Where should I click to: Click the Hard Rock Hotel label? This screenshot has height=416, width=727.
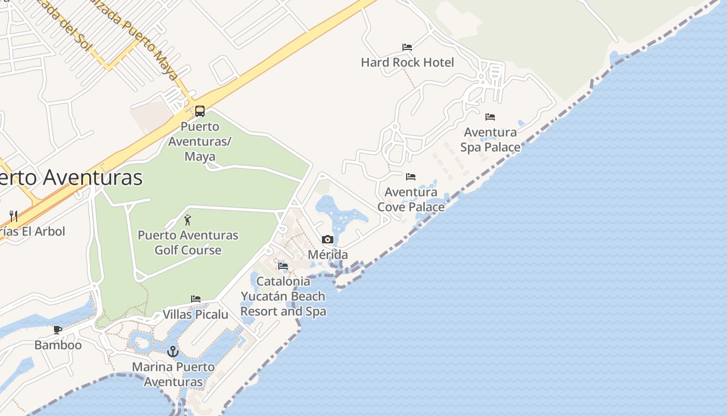pos(407,62)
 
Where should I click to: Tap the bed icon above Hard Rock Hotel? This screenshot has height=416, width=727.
pos(407,47)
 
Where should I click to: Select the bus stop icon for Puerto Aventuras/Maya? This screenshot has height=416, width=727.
pos(200,111)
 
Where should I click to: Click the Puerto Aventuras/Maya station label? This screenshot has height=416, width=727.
pos(200,141)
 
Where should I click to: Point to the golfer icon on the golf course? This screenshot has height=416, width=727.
pos(187,220)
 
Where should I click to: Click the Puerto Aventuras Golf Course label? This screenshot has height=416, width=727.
pos(188,242)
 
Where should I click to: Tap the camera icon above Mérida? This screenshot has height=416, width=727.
pos(327,239)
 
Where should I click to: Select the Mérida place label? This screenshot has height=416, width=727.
pos(327,255)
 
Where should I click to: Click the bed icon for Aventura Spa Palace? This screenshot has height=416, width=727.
pos(490,117)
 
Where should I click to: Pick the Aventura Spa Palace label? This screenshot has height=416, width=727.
pos(490,140)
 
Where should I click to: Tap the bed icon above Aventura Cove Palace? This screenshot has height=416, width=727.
pos(411,177)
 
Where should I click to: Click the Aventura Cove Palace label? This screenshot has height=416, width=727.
pos(411,200)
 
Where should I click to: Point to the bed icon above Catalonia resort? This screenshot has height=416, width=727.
pos(283,266)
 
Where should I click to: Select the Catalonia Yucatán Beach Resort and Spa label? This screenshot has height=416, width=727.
pos(283,296)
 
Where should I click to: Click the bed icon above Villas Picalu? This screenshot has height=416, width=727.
pos(196,299)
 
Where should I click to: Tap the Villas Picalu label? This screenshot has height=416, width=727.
pos(196,315)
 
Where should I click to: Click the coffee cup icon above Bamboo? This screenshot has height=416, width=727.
pos(58,330)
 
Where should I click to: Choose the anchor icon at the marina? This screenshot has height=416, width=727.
pos(173,352)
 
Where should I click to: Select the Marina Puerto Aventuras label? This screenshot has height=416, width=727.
pos(173,374)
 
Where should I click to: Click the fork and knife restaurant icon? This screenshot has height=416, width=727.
pos(14,216)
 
